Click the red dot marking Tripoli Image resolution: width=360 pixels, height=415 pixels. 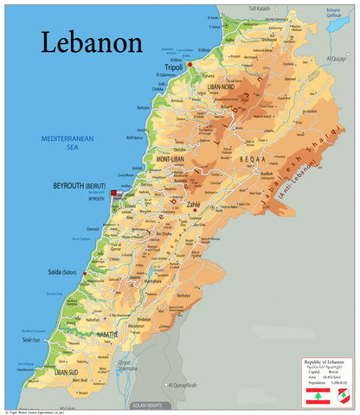[x=190, y=64]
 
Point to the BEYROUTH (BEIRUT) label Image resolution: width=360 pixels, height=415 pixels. [x=83, y=186]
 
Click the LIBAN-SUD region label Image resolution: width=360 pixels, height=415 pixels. [x=67, y=372]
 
